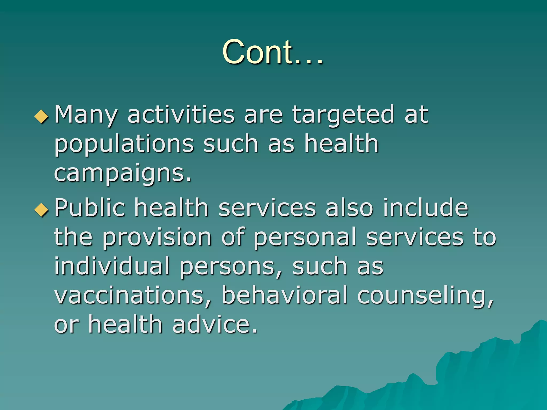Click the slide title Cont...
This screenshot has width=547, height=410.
272,52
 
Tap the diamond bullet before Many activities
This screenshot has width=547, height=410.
42,116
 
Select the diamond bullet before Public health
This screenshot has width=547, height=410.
42,210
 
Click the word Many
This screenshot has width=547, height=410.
86,115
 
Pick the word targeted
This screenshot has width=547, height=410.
343,115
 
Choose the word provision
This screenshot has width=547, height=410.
157,238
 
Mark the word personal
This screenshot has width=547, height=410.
305,238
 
